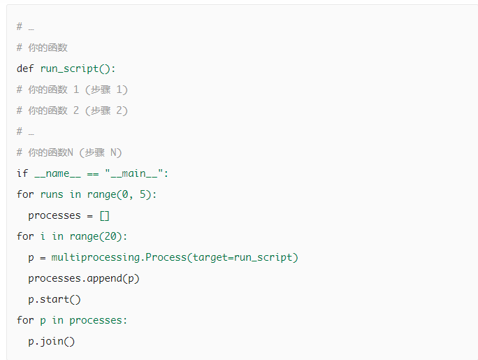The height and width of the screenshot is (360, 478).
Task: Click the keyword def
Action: tap(25, 69)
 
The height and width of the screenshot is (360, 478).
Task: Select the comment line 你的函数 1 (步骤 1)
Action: tap(72, 89)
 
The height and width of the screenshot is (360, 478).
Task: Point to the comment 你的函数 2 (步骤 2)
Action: tap(72, 110)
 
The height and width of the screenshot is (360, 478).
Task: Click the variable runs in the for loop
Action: tap(52, 194)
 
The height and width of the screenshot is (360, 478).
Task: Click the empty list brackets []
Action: tap(105, 215)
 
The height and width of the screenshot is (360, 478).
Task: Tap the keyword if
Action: tap(22, 173)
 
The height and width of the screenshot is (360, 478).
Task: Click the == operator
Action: tap(93, 173)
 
